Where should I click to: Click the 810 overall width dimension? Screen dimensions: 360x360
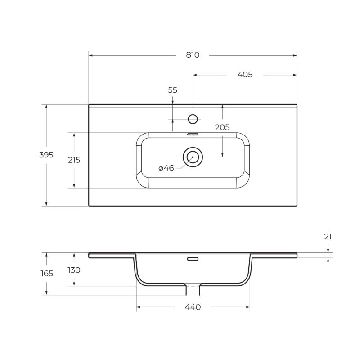tap(192, 55)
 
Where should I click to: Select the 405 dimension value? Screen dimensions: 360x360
tap(245, 75)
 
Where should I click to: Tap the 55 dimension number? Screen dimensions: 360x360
tap(173, 90)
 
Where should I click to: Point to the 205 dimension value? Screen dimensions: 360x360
tap(222, 127)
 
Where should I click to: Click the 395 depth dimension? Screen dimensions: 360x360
tap(46, 155)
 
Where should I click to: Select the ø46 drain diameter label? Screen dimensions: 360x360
tap(166, 168)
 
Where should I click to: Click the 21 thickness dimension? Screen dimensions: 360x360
tap(328, 237)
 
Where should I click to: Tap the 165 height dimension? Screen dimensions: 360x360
tap(46, 273)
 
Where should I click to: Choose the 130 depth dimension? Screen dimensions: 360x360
tap(74, 270)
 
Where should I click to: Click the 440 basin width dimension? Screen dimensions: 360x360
tap(193, 307)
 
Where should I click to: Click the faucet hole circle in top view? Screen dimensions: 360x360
tap(193, 119)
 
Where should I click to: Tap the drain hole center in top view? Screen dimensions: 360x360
tap(193, 157)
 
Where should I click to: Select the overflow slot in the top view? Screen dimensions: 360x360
tap(193, 134)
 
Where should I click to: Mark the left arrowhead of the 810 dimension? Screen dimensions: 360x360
tap(90, 55)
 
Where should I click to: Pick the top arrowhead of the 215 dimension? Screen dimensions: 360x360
tap(74, 135)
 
